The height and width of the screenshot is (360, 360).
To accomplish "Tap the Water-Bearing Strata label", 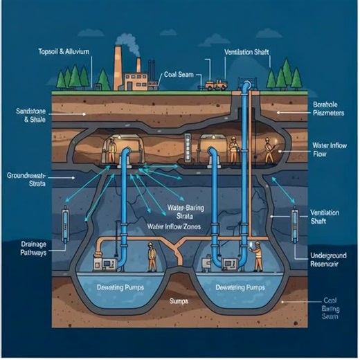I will click(189, 212).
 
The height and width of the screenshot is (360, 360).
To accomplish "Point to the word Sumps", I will click(179, 302).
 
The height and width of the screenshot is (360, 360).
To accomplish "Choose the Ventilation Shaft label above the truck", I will click(245, 52).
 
